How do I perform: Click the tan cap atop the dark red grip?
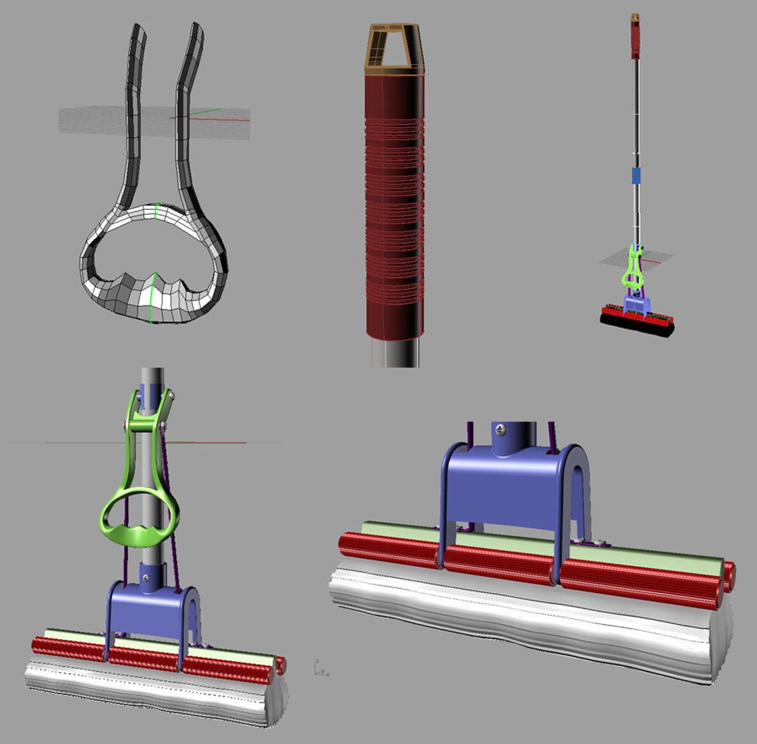(395, 49)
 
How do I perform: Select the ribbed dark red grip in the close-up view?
(394, 207)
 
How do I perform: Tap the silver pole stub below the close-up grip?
(395, 353)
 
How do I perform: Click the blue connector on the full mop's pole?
(636, 175)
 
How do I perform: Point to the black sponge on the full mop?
(636, 329)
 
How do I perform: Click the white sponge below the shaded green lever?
(152, 692)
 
